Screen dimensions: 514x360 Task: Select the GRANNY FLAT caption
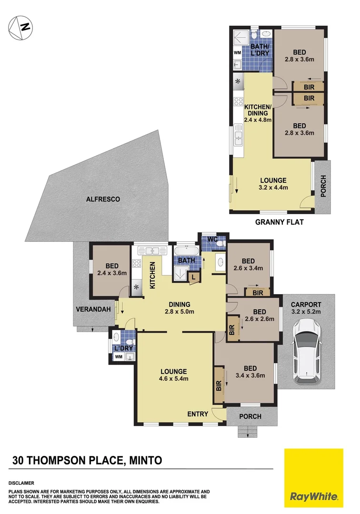279,222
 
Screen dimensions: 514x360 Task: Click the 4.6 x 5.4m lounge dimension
173,379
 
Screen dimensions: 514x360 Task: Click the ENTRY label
198,414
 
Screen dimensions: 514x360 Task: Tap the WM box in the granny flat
237,53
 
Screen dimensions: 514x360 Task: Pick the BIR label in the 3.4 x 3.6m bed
219,385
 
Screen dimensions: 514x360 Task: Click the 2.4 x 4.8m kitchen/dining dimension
258,120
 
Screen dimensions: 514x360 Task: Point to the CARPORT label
307,305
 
